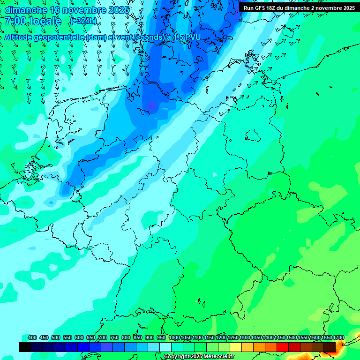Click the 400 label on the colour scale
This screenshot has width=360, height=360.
click(32, 337)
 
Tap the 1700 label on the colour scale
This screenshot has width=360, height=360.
click(339, 337)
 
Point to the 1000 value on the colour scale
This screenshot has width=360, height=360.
click(174, 337)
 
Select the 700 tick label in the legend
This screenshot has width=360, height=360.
click(103, 337)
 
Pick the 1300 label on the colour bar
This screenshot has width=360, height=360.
click(245, 337)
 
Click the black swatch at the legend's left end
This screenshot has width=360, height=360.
click(25, 347)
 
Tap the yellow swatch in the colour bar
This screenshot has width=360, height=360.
click(236, 347)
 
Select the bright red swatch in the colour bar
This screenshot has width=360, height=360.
click(283, 347)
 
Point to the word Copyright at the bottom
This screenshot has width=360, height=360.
click(177, 357)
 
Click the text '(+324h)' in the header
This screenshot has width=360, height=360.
click(83, 21)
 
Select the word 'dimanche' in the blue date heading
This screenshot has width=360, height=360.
click(26, 9)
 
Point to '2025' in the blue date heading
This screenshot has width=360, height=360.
click(119, 9)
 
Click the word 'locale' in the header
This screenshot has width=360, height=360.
click(45, 21)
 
